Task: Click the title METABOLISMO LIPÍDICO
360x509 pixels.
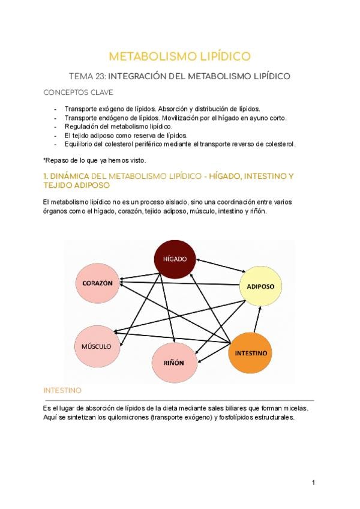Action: click(179, 56)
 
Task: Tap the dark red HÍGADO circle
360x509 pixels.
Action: click(175, 259)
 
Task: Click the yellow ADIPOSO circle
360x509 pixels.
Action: click(260, 286)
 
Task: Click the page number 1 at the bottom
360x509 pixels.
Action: click(313, 482)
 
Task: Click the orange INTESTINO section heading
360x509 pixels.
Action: click(63, 390)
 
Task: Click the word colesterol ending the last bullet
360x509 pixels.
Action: click(278, 144)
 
